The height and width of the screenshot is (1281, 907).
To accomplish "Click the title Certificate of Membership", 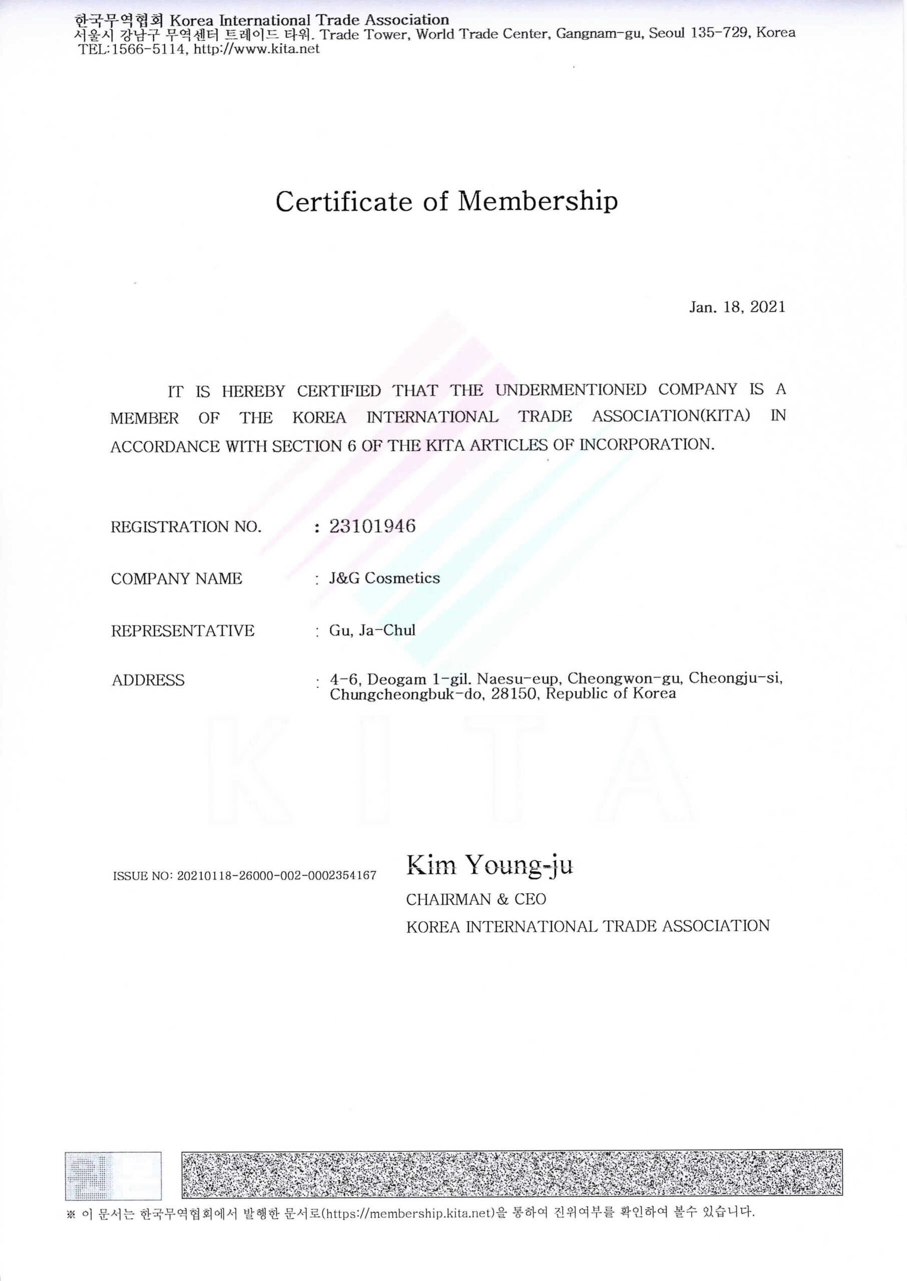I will point(447,202).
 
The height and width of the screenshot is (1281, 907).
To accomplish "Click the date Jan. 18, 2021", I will point(737,307).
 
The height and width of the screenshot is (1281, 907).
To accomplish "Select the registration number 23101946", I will point(372,526).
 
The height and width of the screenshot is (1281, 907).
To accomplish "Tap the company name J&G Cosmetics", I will point(384,578).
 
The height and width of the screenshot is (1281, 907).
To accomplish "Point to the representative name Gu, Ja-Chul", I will point(372,630).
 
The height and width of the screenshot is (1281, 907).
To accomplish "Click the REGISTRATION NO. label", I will point(186,527).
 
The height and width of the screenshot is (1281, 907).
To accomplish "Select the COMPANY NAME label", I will point(177,579).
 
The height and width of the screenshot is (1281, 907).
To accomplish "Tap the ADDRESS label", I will point(148,681).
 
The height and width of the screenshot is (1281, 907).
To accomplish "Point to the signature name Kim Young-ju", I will point(489,865).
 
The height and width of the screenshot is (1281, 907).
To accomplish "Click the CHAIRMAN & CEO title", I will point(476,899).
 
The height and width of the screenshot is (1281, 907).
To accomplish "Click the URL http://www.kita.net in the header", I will point(256,49).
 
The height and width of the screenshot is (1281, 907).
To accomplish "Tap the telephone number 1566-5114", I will point(149,49).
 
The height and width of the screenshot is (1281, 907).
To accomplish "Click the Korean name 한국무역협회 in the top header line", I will point(119,21).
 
